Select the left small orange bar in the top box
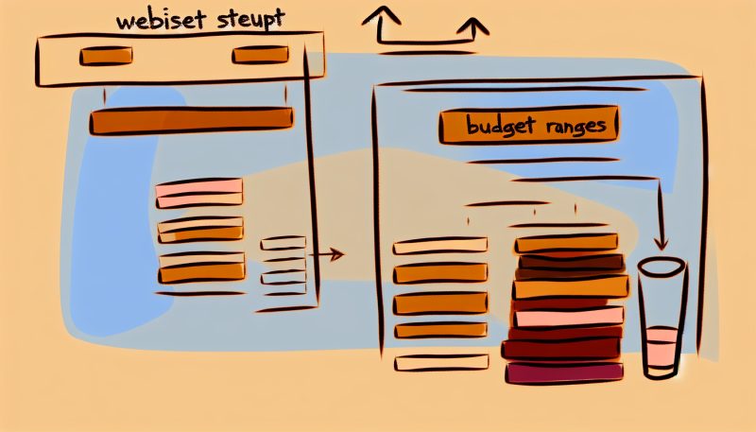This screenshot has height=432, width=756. pos(106,56)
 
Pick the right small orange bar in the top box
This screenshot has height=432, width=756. pos(260,56)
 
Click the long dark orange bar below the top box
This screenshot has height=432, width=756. pos(191,120)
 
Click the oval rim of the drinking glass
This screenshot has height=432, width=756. pos(661,267)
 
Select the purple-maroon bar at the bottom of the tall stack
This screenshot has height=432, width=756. pos(565,372)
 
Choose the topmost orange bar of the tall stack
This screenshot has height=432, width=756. pos(567,243)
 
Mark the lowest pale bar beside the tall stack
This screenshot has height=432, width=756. pos(441,362)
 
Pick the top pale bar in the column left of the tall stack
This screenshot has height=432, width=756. pos(440,246)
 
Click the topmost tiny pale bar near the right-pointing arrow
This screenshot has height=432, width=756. pos(283,243)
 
